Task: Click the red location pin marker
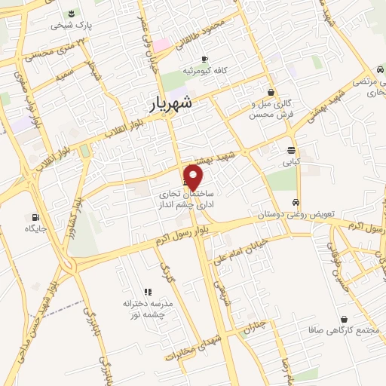tap(194, 177)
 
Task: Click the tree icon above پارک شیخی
tap(71, 14)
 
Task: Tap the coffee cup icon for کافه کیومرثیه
tap(204, 59)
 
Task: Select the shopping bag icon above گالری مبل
tap(271, 93)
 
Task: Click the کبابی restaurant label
tap(291, 161)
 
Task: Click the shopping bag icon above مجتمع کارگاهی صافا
tap(345, 319)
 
